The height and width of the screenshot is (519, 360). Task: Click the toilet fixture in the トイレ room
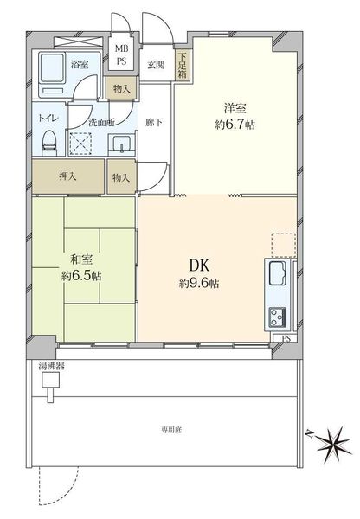49,143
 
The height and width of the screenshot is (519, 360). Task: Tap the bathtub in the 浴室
52,67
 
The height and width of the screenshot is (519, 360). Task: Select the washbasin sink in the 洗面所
121,145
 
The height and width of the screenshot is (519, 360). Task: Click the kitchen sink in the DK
278,273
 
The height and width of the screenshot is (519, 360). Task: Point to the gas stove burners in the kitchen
278,317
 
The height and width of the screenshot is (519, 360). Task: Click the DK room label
199,265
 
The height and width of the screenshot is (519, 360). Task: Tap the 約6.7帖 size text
235,125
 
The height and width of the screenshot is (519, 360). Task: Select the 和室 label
81,259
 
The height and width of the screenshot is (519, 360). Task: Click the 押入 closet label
67,176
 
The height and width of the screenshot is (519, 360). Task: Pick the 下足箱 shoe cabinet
182,65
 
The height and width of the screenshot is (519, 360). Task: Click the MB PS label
121,55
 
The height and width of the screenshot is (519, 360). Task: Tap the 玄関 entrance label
156,65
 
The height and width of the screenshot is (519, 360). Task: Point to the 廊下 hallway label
154,123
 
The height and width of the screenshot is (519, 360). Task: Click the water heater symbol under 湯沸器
50,387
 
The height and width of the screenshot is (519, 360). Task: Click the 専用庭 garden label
171,430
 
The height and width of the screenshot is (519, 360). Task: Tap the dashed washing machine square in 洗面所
80,144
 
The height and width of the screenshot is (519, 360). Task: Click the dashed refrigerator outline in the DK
284,245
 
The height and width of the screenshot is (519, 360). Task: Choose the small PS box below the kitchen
286,338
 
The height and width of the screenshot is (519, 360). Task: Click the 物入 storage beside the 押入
121,176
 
